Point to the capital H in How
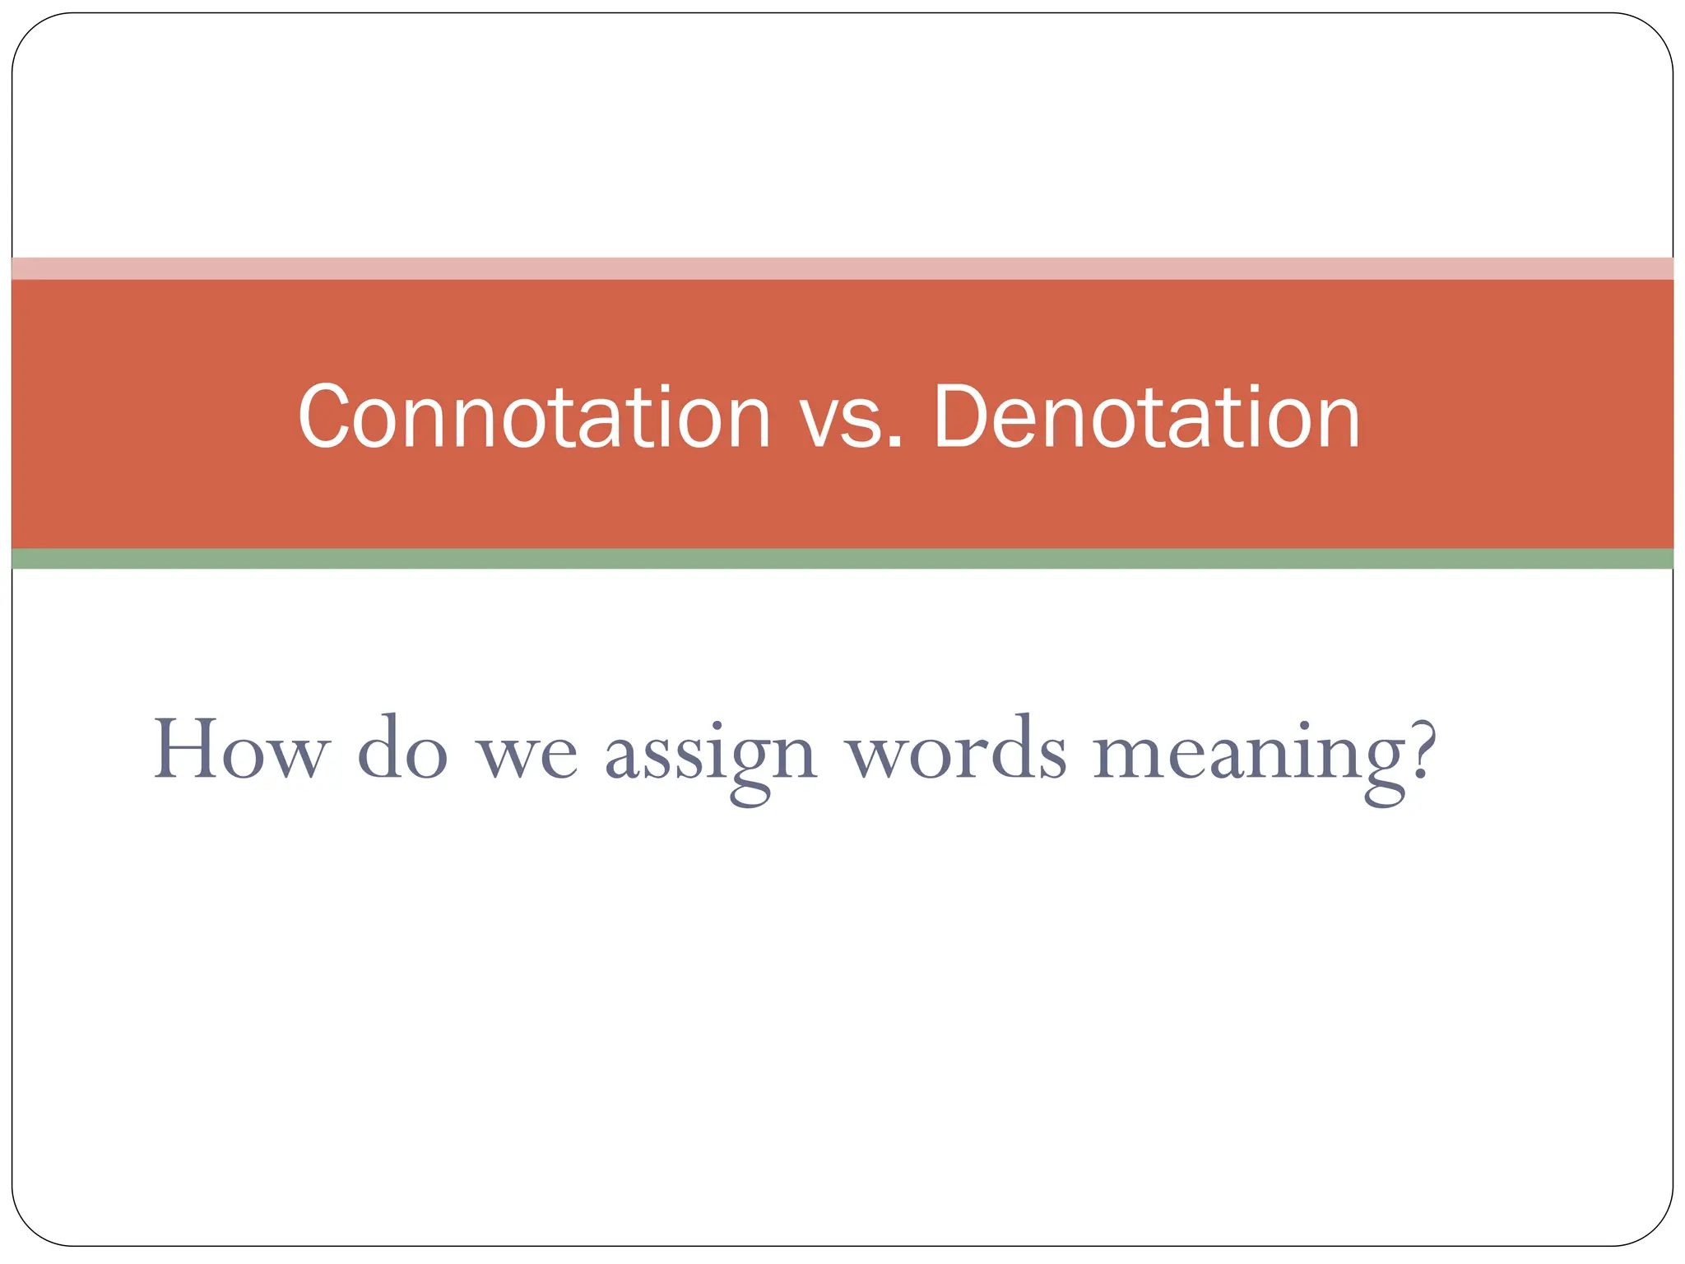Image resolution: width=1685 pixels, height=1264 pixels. pyautogui.click(x=187, y=749)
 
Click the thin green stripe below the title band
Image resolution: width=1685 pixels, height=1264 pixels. pyautogui.click(x=842, y=559)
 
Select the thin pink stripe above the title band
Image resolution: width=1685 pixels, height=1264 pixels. pyautogui.click(x=842, y=268)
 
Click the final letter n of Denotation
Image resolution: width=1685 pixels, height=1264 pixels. pyautogui.click(x=1334, y=425)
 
